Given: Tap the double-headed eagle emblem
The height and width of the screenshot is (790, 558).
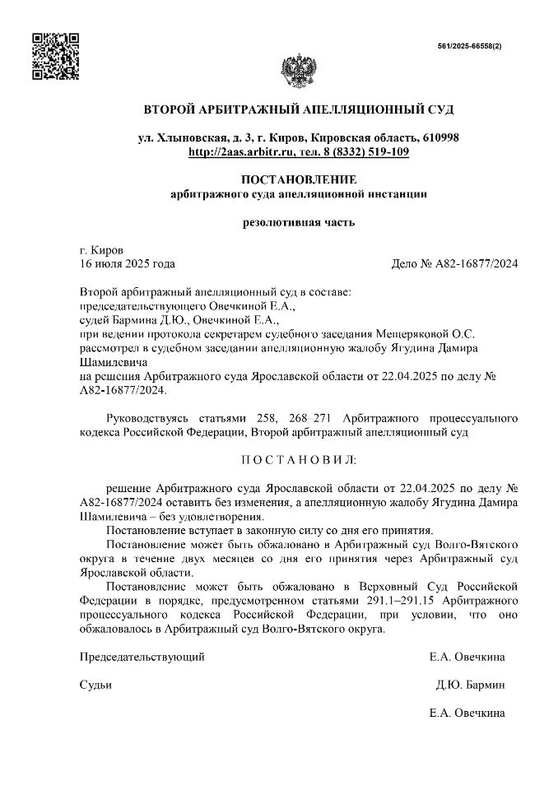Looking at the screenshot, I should tap(298, 69).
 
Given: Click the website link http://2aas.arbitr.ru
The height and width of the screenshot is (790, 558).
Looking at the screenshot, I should tap(240, 152).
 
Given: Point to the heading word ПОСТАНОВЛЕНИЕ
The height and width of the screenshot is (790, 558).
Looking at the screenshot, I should tap(298, 180).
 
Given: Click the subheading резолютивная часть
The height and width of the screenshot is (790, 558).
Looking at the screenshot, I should tap(298, 221).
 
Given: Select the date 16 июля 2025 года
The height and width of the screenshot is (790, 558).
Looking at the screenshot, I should tap(127, 264).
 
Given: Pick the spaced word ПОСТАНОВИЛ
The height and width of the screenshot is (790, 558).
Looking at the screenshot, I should tap(298, 458).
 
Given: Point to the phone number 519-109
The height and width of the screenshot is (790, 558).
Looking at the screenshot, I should tap(386, 152).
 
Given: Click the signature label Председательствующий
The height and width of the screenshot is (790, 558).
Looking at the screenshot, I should tap(142, 657).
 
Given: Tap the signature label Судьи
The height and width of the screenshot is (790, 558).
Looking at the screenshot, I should tap(95, 685).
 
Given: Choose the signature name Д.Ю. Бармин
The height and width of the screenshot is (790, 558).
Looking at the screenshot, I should tap(470, 685).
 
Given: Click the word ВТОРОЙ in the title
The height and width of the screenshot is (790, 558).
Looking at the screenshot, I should tap(171, 109).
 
